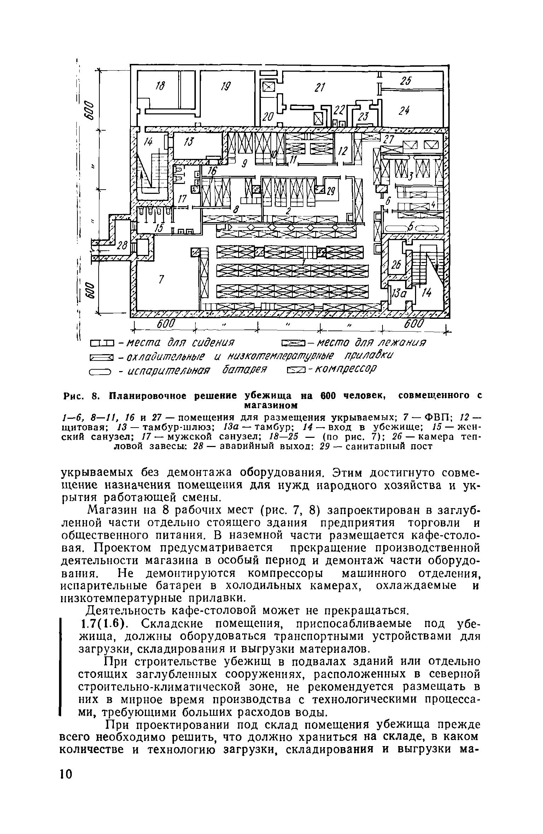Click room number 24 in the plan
pos(404,111)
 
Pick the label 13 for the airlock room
pos(190,142)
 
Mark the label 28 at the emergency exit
pos(122,246)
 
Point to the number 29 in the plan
pos(330,191)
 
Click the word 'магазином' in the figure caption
pos(270,404)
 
